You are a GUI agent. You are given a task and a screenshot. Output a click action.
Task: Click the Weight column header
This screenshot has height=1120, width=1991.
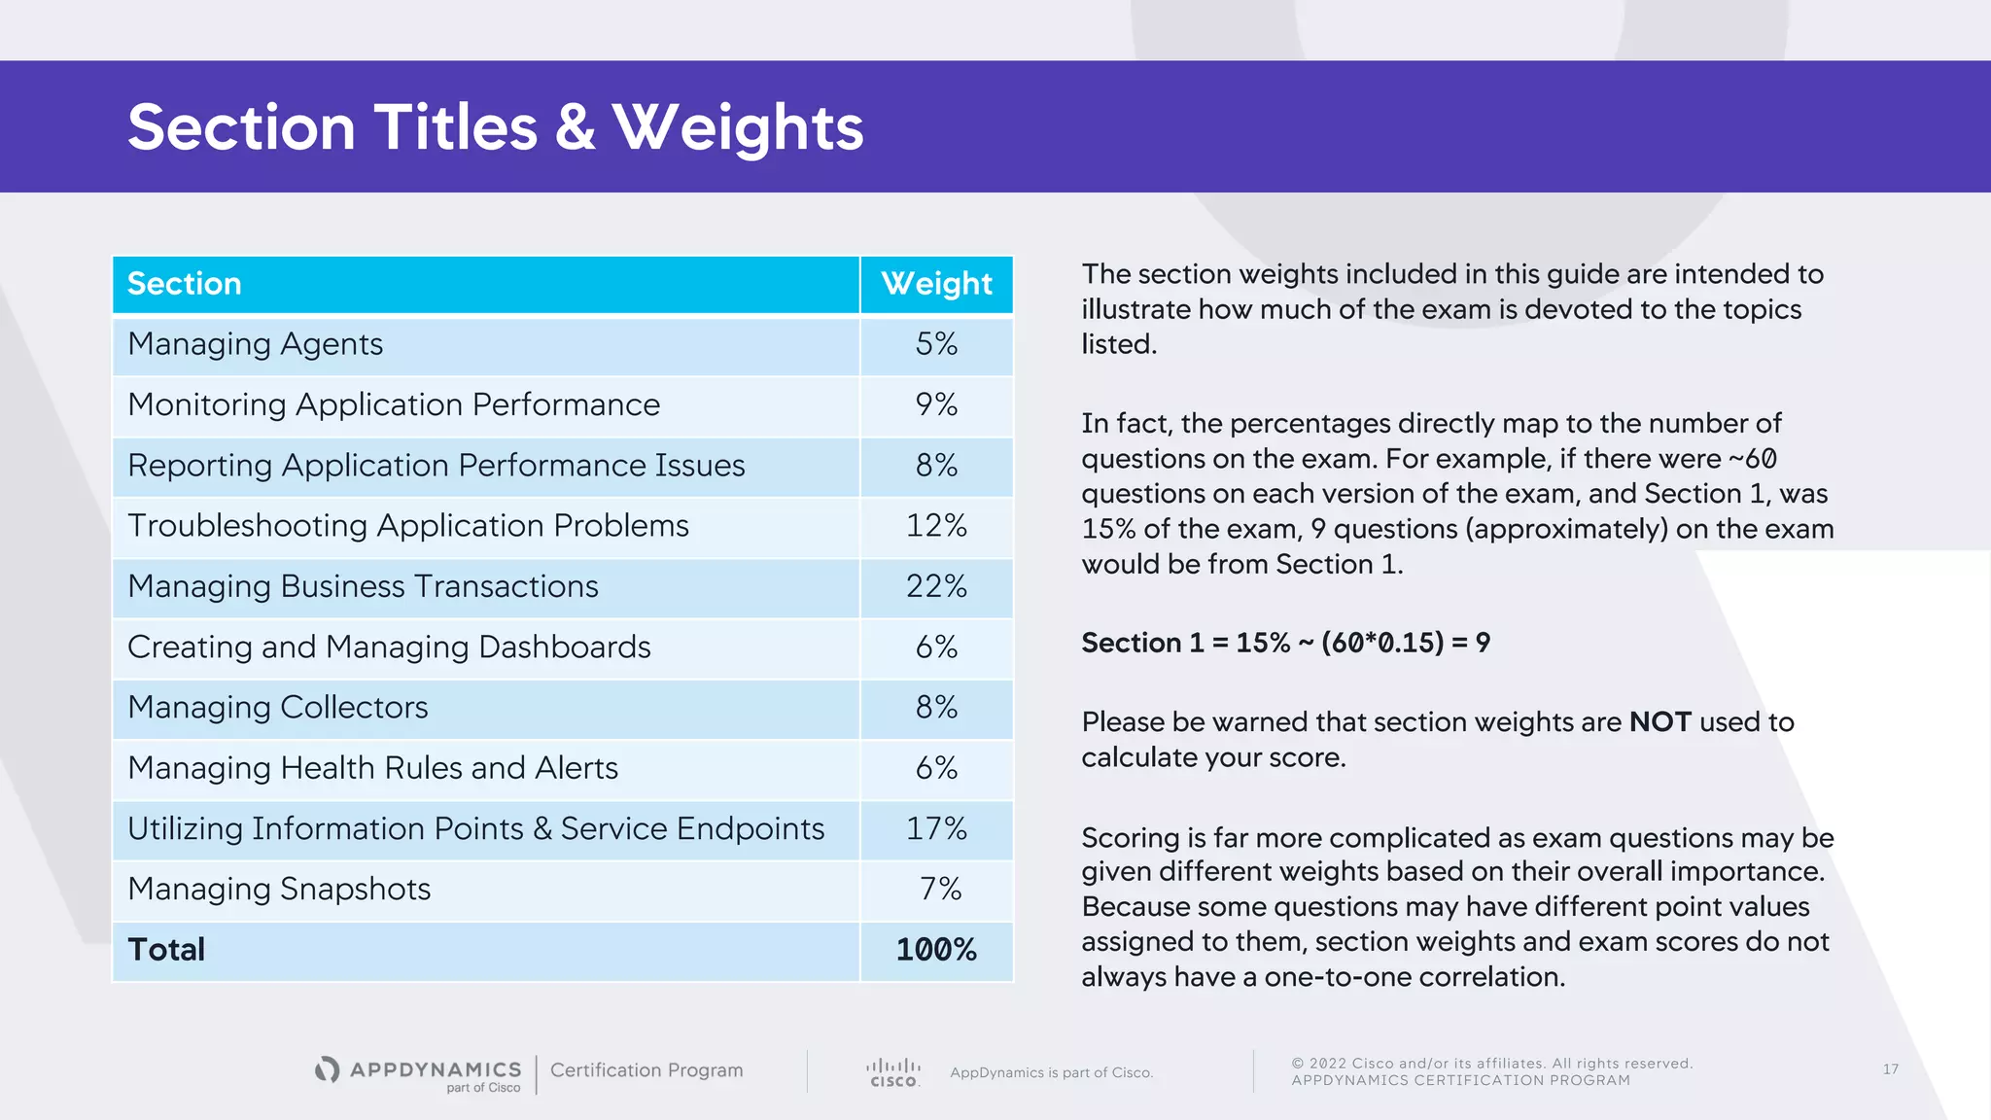point(936,284)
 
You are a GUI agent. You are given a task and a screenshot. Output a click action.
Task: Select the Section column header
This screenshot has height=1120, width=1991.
point(185,284)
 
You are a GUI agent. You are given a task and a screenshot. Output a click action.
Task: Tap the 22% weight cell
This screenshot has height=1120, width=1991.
point(936,586)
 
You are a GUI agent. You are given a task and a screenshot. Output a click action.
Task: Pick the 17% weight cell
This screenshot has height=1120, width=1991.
point(936,828)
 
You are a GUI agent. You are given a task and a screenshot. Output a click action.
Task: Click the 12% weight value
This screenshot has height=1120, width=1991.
point(936,526)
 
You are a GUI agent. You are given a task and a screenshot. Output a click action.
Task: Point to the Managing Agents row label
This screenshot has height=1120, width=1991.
point(255,344)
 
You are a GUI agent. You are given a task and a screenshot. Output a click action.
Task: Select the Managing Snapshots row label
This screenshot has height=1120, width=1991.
point(279,889)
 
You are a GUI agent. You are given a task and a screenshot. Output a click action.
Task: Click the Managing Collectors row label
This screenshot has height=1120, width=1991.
point(277,708)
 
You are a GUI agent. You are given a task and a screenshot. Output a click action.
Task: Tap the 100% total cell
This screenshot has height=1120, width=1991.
point(936,950)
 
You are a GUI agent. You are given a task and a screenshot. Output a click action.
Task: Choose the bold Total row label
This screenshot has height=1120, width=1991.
point(166,950)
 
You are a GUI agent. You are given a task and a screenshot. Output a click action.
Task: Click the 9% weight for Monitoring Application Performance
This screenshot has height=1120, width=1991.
point(936,404)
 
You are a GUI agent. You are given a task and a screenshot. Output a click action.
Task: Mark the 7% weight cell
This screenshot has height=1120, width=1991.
point(940,889)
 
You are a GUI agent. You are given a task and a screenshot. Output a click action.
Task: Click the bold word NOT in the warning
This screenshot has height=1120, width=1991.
point(1659,722)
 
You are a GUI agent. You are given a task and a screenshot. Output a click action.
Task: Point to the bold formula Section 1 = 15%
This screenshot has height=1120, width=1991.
point(1285,643)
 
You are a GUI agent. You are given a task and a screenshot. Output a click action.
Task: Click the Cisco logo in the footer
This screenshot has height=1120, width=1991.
point(892,1072)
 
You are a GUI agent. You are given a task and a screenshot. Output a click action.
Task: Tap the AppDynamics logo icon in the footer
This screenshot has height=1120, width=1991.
point(328,1069)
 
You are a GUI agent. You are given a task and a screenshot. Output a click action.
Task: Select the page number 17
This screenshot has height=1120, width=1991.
point(1890,1069)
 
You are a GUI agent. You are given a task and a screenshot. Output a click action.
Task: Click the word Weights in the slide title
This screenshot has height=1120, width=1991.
point(738,127)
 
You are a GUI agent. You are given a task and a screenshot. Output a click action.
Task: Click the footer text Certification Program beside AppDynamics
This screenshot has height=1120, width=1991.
point(646,1070)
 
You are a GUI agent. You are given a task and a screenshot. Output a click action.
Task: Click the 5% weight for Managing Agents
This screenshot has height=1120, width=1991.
point(936,344)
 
